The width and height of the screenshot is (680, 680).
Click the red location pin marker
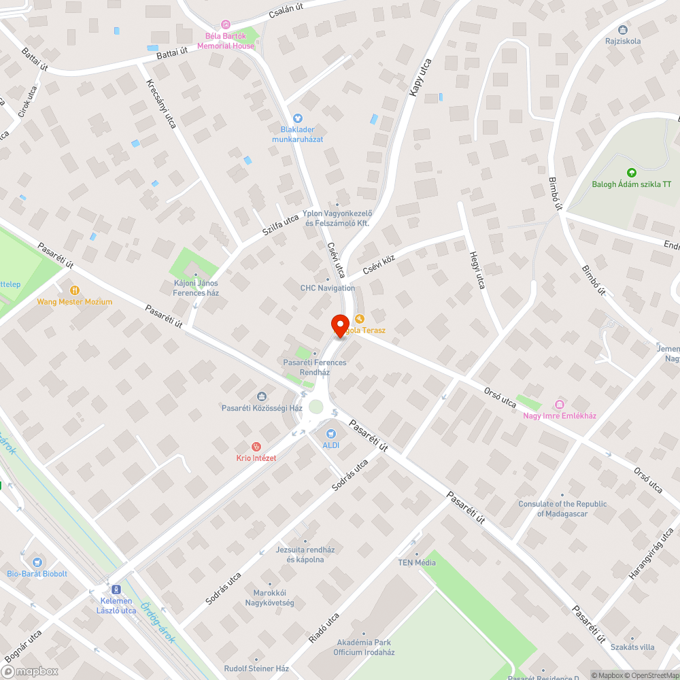pos(339,325)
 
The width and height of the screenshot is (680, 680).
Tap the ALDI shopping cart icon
pos(330,433)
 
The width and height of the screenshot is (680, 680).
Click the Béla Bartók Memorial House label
pos(226,41)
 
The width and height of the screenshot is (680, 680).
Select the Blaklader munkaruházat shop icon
pos(297,118)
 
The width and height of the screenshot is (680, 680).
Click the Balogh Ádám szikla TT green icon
pos(631,173)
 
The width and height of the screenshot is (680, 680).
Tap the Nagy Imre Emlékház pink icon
pos(560,404)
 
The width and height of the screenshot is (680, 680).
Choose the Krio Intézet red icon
pos(256,447)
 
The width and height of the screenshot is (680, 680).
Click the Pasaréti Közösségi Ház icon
pos(262,396)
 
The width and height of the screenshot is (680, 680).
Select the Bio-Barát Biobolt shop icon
pos(37,562)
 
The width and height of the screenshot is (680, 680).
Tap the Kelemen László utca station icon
pos(116,589)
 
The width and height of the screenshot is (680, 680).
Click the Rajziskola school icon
pos(623,29)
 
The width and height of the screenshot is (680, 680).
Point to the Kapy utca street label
pos(421,77)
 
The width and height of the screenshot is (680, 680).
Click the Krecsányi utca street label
pos(161,104)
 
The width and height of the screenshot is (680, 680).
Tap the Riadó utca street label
pos(323,628)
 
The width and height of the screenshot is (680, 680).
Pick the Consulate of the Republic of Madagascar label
pos(562,509)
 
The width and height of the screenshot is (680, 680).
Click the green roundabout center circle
pos(316,407)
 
